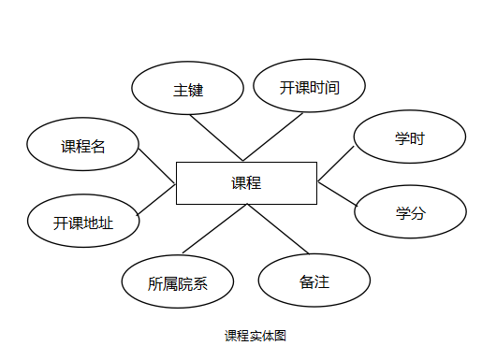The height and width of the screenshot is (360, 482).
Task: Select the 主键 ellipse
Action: (x=188, y=90)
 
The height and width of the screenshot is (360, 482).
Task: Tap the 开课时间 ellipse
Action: (x=309, y=86)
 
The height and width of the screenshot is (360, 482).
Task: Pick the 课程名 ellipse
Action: (x=83, y=145)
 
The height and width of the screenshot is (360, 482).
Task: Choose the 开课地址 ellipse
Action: (x=83, y=223)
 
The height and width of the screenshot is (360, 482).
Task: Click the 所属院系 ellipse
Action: (x=178, y=283)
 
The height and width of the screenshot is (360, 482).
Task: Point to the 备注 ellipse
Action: (x=314, y=281)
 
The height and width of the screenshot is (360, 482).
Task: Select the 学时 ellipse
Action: (x=410, y=138)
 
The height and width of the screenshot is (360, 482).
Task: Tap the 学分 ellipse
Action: (x=410, y=212)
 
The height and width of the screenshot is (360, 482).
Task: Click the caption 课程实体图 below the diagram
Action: (x=255, y=336)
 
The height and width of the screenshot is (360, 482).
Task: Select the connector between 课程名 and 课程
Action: (x=157, y=166)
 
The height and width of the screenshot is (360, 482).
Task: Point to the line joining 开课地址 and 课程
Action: (x=156, y=201)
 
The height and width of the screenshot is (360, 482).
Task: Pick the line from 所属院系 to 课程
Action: (x=213, y=230)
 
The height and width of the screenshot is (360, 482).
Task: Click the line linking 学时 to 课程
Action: (x=336, y=163)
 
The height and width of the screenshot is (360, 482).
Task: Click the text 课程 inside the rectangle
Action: (x=246, y=183)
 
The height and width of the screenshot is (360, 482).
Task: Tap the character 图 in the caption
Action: (x=279, y=336)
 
